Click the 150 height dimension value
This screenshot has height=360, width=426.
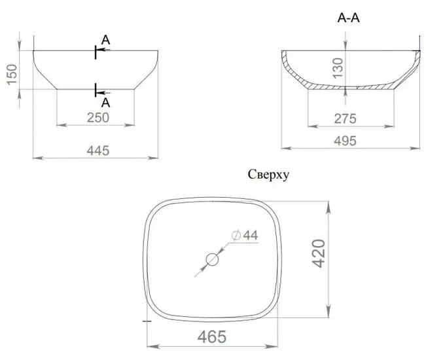pyautogui.click(x=12, y=75)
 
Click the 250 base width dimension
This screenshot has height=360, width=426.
pyautogui.click(x=98, y=118)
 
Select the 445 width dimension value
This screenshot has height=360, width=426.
pyautogui.click(x=98, y=151)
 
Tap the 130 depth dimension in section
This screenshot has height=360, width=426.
pyautogui.click(x=338, y=68)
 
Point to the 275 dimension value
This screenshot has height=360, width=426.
pyautogui.click(x=345, y=118)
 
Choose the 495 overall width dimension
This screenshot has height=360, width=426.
pyautogui.click(x=345, y=141)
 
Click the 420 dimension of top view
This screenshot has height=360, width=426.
pyautogui.click(x=319, y=253)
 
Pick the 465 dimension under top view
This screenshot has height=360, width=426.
pyautogui.click(x=212, y=337)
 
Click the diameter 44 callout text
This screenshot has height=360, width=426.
pyautogui.click(x=245, y=235)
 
